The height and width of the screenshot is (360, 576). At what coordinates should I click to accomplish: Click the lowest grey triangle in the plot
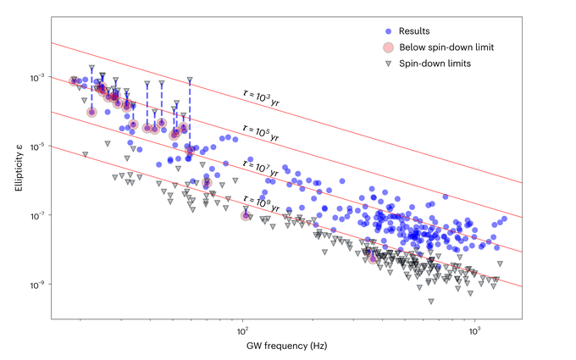[x=430, y=301]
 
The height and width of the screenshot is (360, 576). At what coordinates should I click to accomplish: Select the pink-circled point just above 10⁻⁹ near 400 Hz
[x=374, y=257]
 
